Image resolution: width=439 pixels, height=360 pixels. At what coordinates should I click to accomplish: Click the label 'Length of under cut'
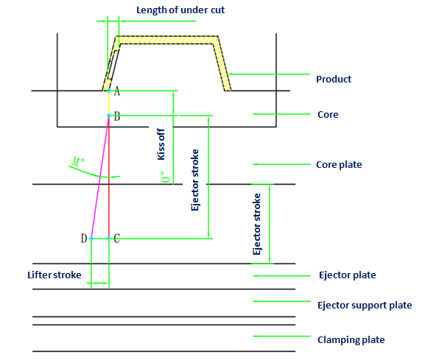[180, 10]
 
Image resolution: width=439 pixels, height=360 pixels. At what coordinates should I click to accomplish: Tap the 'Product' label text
[334, 80]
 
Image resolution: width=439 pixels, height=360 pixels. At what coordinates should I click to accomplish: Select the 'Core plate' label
[339, 165]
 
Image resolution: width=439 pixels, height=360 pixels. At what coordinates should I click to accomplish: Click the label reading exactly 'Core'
[328, 115]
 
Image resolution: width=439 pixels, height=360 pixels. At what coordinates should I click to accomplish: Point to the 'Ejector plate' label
[347, 275]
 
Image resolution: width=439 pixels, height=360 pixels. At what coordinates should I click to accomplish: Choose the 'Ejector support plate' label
[365, 305]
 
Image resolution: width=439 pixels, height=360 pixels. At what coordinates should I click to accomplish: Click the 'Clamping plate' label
[351, 340]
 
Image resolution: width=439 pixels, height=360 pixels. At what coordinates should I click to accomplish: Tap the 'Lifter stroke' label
[55, 275]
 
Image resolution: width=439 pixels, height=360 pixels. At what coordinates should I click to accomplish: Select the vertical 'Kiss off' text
[161, 144]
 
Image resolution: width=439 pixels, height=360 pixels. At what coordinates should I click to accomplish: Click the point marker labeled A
[109, 91]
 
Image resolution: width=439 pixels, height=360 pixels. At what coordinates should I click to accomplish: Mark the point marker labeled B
[109, 116]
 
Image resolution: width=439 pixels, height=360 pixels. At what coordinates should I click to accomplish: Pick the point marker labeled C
[109, 239]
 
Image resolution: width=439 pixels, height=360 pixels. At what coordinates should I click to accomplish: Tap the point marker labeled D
[91, 239]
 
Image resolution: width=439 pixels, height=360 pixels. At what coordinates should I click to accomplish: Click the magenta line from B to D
[100, 177]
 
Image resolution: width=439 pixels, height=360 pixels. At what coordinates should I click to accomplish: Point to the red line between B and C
[109, 177]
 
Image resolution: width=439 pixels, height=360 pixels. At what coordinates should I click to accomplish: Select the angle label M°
[78, 161]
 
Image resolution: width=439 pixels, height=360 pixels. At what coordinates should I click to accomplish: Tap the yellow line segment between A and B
[109, 103]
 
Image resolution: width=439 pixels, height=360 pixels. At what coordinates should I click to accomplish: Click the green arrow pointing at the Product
[269, 74]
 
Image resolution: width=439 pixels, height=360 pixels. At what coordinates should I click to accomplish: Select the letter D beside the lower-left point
[84, 239]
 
